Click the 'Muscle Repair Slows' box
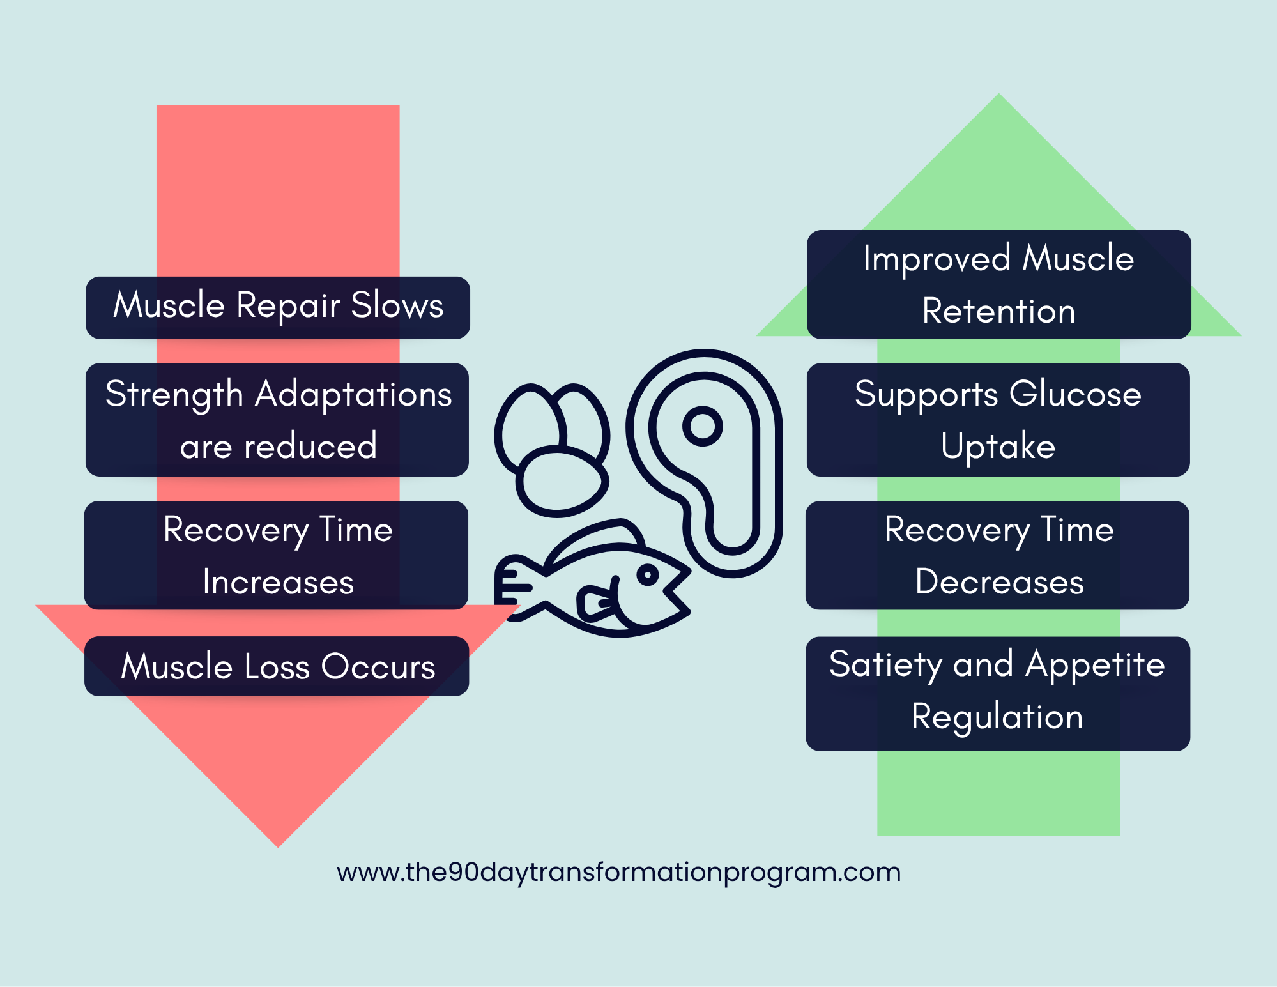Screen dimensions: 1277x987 pyautogui.click(x=278, y=307)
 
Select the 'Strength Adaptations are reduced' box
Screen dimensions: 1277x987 pyautogui.click(x=277, y=420)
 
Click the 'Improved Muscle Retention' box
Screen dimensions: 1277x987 pyautogui.click(x=998, y=284)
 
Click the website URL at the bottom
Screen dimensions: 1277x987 pyautogui.click(x=618, y=872)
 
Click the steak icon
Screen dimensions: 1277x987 pyautogui.click(x=709, y=460)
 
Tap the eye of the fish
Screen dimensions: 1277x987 pyautogui.click(x=648, y=575)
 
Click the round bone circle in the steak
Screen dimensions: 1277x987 pyautogui.click(x=702, y=426)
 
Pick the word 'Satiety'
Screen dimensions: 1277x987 pyautogui.click(x=885, y=665)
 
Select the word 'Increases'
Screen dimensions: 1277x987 pyautogui.click(x=278, y=582)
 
